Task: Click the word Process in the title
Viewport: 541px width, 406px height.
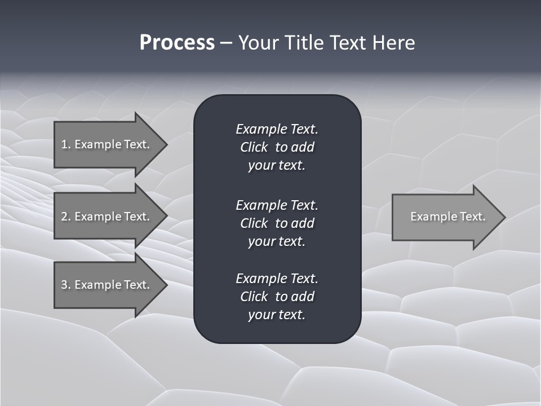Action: point(177,43)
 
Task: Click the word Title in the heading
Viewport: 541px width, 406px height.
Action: point(302,43)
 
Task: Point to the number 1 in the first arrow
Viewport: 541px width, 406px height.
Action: point(64,144)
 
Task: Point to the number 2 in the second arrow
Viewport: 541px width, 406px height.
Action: point(64,217)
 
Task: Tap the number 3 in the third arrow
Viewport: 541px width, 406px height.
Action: point(64,285)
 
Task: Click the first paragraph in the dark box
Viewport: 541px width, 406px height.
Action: point(277,147)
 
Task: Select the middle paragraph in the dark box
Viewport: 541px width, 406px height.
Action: point(277,223)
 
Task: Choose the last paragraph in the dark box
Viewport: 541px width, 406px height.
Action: point(277,296)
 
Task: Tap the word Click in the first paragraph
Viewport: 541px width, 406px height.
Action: point(254,147)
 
